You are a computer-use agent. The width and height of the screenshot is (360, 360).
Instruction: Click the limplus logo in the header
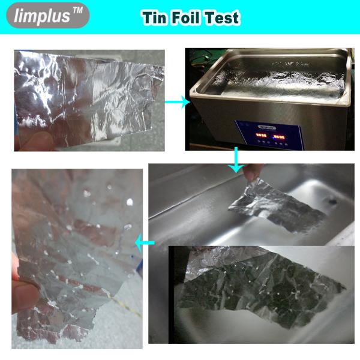48,16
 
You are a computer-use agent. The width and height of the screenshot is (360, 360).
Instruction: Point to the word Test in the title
222,17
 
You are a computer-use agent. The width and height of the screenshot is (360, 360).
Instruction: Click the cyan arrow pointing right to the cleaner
177,102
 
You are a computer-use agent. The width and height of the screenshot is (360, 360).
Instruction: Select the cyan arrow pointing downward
236,160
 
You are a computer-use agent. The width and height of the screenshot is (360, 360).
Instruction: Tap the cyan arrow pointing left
145,242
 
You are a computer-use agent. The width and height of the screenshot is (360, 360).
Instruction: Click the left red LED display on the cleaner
261,135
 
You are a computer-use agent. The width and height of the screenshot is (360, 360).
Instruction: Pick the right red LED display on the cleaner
279,137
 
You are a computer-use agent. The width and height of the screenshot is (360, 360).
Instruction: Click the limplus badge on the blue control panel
267,127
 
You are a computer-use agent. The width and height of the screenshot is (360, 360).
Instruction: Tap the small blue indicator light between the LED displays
273,137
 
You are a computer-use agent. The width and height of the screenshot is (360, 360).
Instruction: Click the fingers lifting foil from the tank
253,171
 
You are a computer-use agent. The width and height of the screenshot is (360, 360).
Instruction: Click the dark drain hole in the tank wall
332,202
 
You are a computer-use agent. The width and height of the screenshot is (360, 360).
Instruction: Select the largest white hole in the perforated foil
130,202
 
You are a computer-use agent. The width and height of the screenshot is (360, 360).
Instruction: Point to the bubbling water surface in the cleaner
279,80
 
